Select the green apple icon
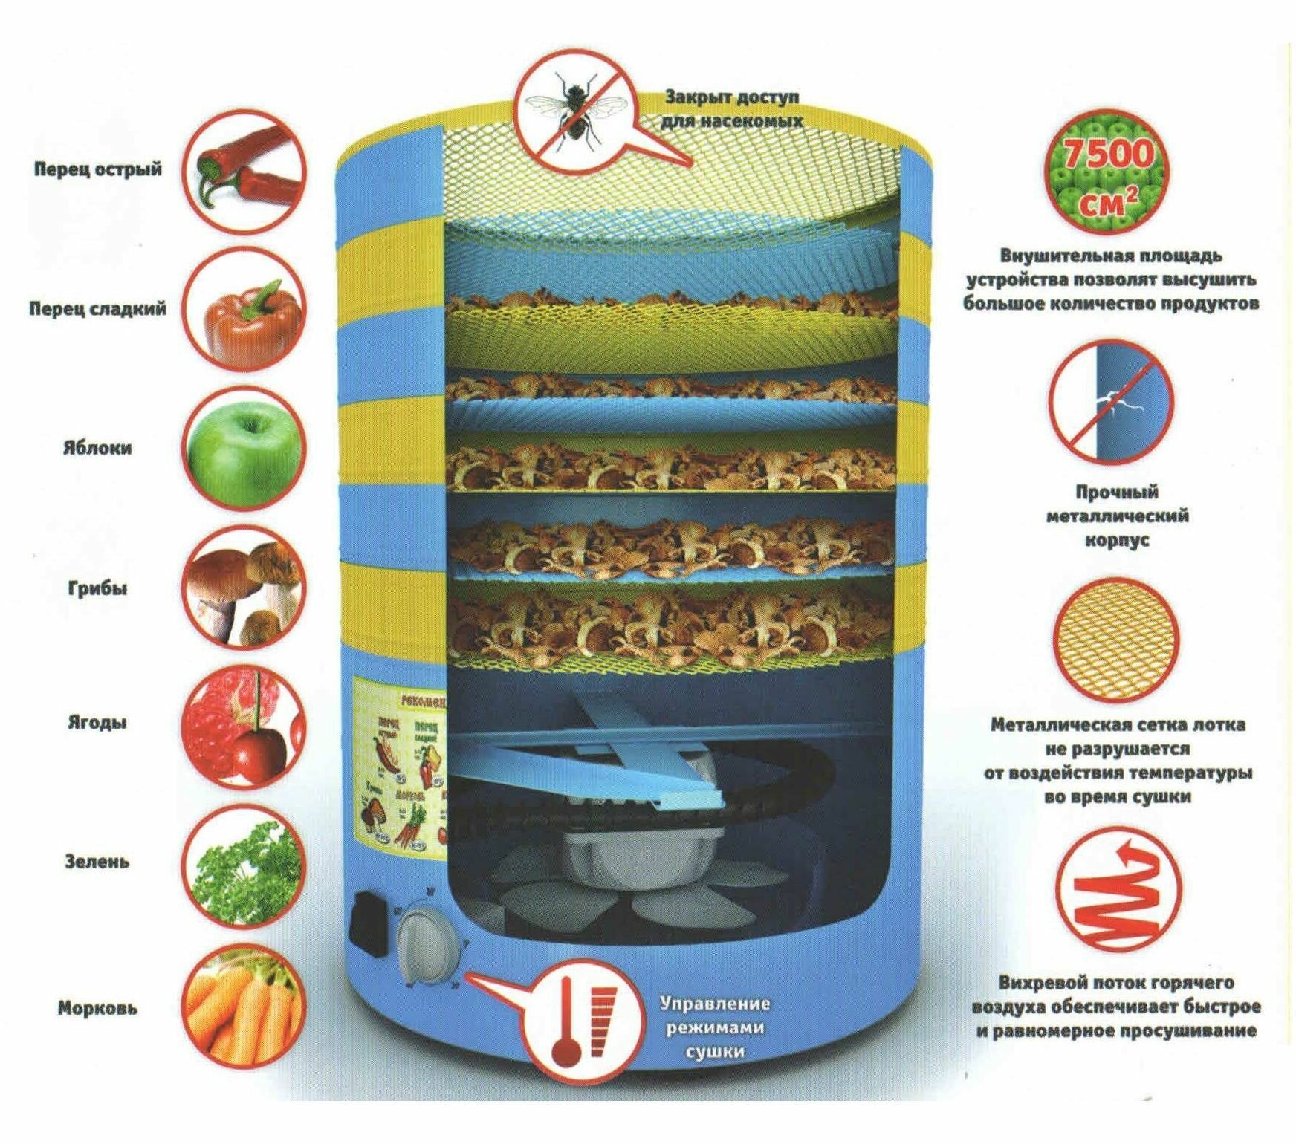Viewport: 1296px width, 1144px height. (x=244, y=449)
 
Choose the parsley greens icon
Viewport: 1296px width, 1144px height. (x=244, y=863)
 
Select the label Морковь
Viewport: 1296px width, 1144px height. (x=97, y=1009)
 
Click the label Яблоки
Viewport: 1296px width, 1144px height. (x=97, y=449)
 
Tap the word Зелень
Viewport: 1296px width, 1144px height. (x=97, y=862)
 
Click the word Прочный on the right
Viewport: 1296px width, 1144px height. (x=1116, y=492)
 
